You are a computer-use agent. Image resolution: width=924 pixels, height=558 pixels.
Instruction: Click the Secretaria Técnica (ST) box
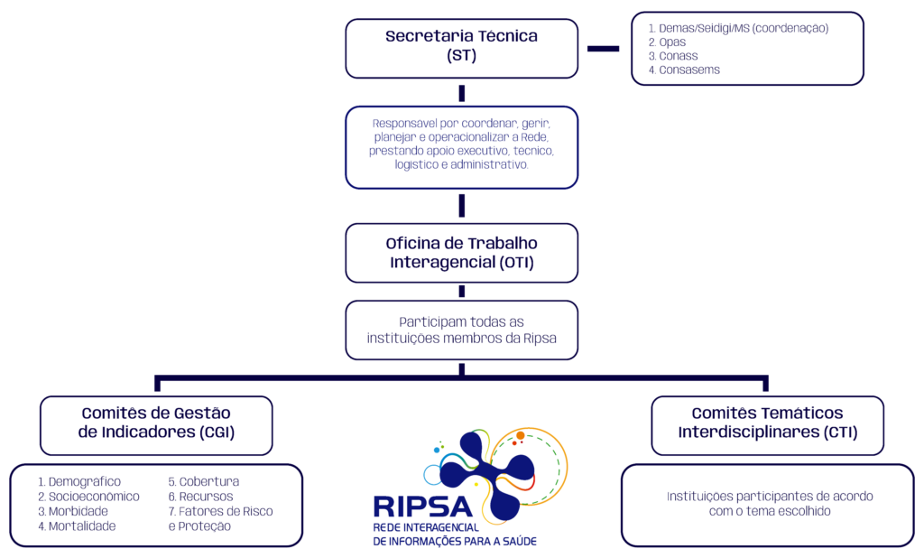point(461,49)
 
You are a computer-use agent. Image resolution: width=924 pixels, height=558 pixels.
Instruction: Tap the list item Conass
point(673,56)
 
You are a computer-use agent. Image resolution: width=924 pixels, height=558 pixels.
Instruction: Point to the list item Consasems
point(684,70)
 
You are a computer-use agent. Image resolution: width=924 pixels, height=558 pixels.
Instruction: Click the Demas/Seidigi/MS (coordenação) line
point(738,28)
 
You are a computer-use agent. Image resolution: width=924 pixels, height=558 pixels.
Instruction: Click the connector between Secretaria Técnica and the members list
point(603,49)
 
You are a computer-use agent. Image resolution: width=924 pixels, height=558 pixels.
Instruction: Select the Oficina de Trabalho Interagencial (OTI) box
point(461,253)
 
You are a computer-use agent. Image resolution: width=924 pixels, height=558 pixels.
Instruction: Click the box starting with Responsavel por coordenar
point(461,147)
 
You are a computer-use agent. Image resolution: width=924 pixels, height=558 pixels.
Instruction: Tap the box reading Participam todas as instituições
point(461,330)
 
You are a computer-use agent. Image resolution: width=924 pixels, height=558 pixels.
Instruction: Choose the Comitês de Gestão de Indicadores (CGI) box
point(156,425)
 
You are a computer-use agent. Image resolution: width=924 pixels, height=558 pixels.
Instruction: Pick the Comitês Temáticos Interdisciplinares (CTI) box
point(767,425)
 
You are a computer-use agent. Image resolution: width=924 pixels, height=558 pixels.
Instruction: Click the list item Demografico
point(79,482)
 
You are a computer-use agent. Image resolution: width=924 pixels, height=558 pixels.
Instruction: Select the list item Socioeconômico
point(88,497)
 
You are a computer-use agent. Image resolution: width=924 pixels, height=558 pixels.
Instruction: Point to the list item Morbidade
point(72,511)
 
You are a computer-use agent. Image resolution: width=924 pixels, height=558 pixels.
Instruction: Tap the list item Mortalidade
point(77,526)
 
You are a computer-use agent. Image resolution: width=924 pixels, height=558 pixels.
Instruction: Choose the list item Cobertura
point(203,482)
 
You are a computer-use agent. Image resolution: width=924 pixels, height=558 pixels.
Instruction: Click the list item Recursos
point(200,497)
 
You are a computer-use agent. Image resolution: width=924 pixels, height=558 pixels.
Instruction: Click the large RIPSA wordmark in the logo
point(422,507)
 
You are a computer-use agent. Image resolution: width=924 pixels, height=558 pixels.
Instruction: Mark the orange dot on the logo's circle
point(521,436)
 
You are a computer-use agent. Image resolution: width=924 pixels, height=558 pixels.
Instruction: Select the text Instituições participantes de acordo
point(770,497)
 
